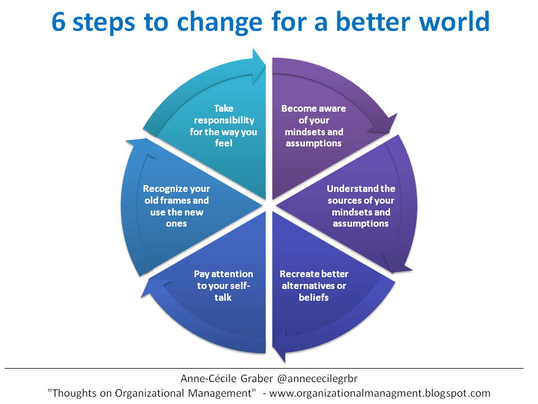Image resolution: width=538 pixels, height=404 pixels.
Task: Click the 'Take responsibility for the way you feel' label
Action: pyautogui.click(x=223, y=125)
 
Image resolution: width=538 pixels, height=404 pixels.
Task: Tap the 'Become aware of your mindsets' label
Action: pyautogui.click(x=314, y=126)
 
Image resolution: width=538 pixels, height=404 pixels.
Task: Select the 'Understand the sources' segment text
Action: pyautogui.click(x=361, y=206)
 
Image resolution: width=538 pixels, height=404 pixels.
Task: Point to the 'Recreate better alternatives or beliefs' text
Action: pyautogui.click(x=314, y=285)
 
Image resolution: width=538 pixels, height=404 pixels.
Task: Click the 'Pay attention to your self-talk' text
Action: pyautogui.click(x=223, y=285)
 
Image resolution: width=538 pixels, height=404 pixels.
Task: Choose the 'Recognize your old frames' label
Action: pyautogui.click(x=177, y=206)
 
